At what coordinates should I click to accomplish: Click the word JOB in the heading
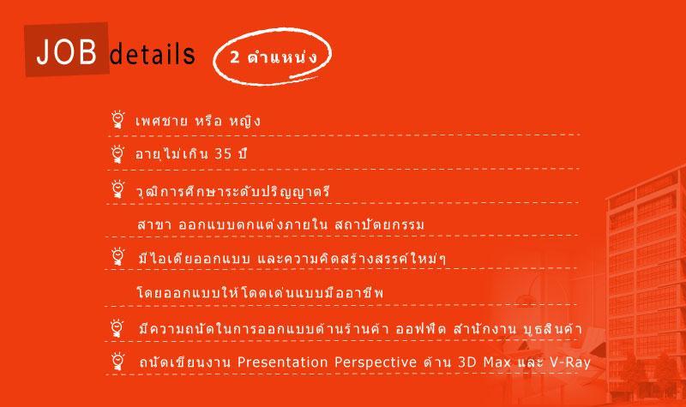pyautogui.click(x=67, y=51)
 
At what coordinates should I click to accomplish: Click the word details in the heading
pyautogui.click(x=152, y=54)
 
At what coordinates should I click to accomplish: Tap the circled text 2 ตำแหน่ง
pyautogui.click(x=273, y=57)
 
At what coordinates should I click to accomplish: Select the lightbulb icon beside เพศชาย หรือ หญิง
pyautogui.click(x=117, y=119)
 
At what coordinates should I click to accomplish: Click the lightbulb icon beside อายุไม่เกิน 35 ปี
pyautogui.click(x=117, y=154)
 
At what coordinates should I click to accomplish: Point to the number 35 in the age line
pyautogui.click(x=223, y=154)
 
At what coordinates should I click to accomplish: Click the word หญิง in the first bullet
pyautogui.click(x=245, y=121)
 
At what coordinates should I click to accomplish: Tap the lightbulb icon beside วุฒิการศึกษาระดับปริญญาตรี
pyautogui.click(x=117, y=189)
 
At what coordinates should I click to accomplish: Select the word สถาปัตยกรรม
pyautogui.click(x=379, y=224)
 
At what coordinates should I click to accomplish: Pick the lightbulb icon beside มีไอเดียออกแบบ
pyautogui.click(x=117, y=256)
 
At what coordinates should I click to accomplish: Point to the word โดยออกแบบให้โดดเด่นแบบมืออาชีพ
pyautogui.click(x=261, y=292)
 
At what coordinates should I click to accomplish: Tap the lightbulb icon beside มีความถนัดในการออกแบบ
pyautogui.click(x=117, y=328)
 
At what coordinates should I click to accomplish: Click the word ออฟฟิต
pyautogui.click(x=421, y=328)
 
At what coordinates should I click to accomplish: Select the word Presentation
pyautogui.click(x=282, y=362)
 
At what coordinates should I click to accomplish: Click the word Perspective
pyautogui.click(x=376, y=362)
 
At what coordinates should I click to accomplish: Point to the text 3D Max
pyautogui.click(x=484, y=362)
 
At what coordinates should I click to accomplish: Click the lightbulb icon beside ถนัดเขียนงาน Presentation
pyautogui.click(x=117, y=361)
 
